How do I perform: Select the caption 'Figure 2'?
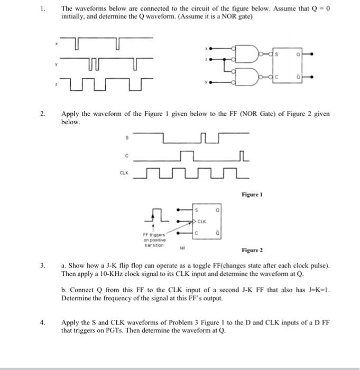pos(252,249)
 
